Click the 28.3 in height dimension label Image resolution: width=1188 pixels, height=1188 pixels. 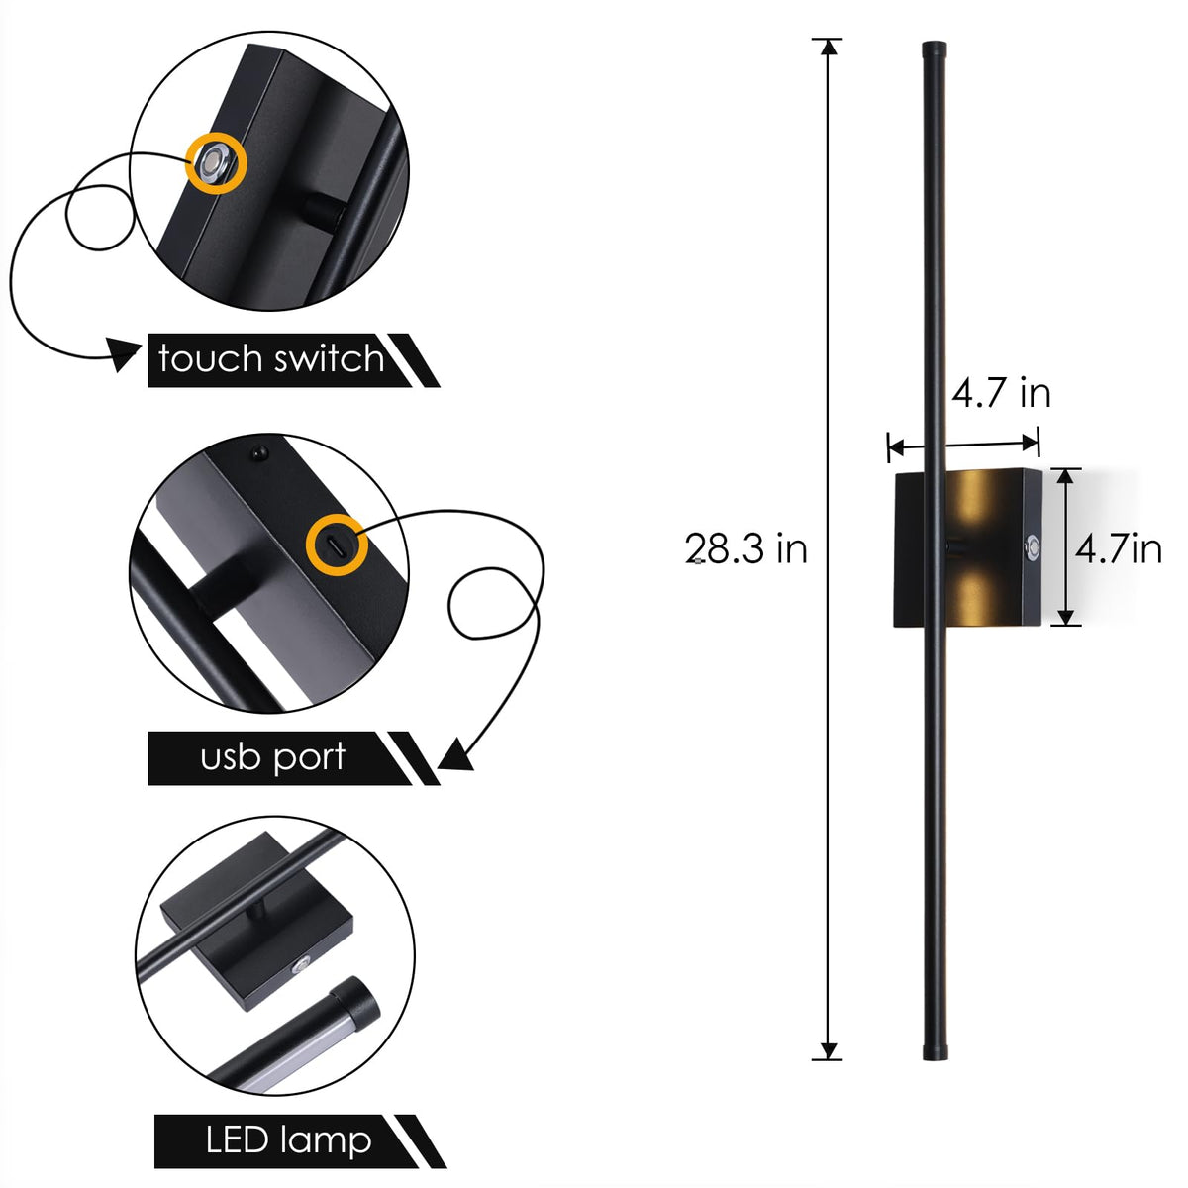point(745,548)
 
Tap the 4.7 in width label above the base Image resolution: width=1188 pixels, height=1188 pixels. point(1001,392)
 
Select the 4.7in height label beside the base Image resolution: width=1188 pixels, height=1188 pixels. point(1119,548)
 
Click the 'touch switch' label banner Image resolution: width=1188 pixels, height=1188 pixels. point(292,360)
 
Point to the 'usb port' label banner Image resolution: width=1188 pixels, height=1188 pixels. point(292,757)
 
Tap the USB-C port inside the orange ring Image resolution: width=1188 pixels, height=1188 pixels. point(337,544)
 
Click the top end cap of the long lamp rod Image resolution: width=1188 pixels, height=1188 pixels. point(934,49)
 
